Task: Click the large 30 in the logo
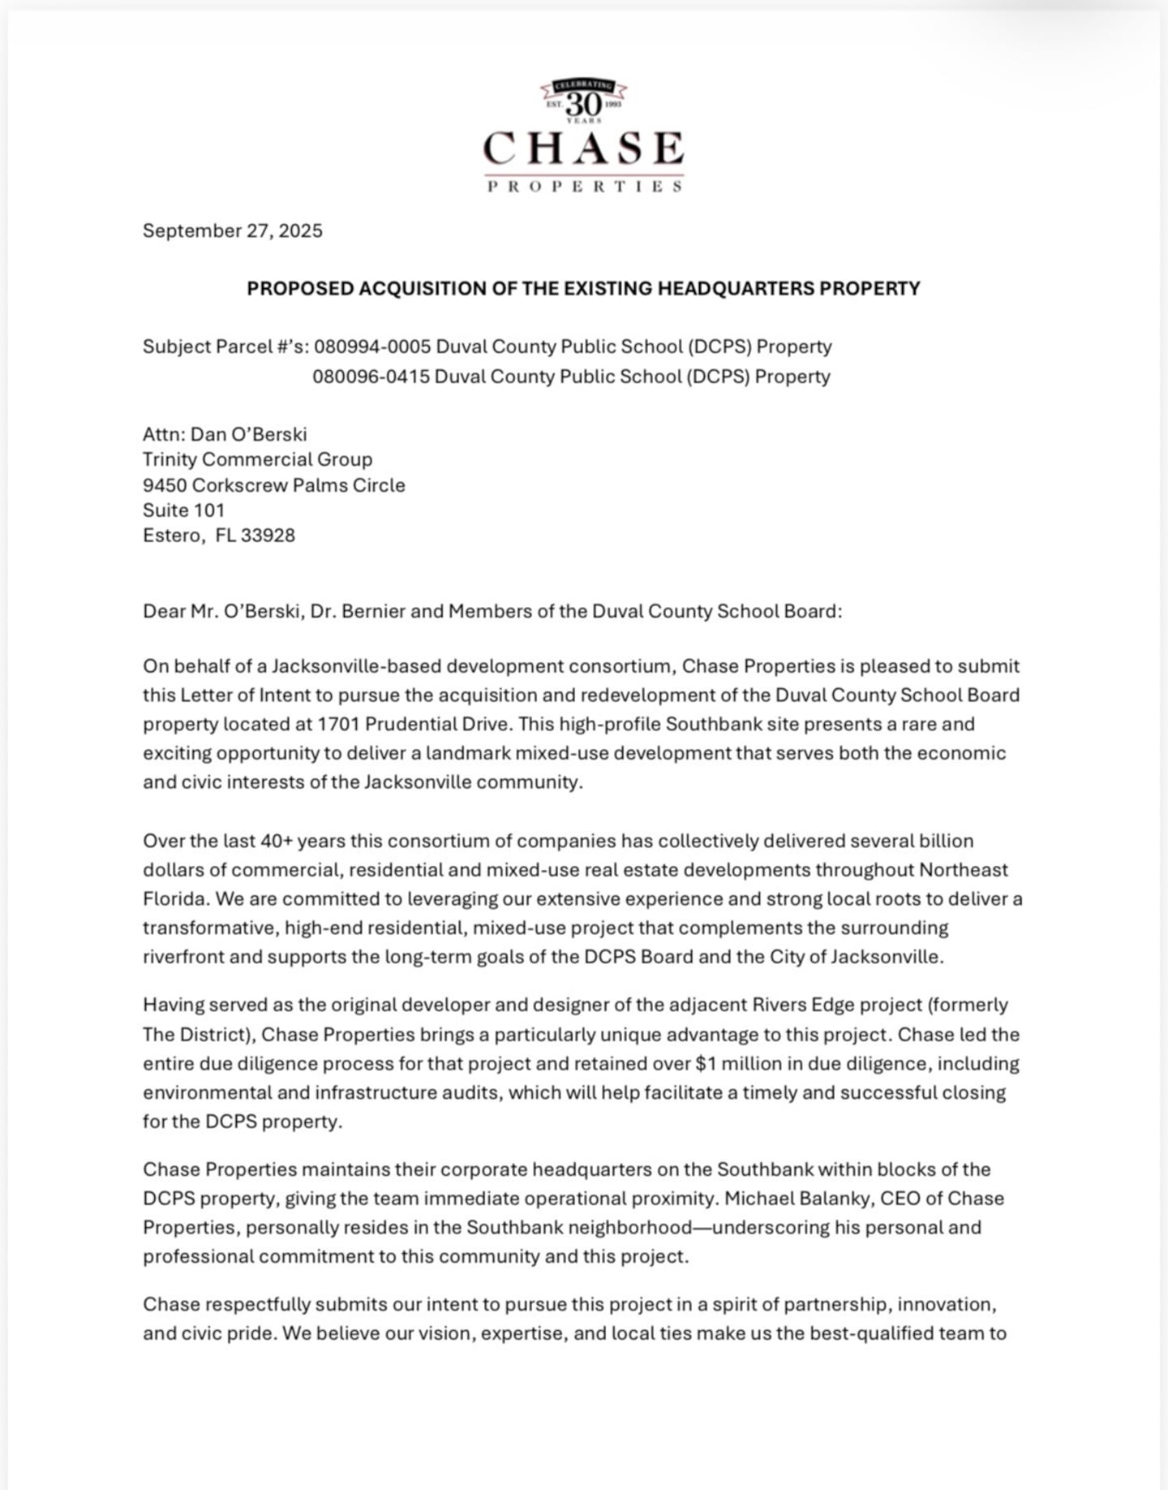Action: coord(583,104)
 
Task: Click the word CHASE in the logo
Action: coord(583,149)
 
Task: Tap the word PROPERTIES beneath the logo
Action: coord(584,187)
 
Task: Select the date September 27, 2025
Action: coord(233,231)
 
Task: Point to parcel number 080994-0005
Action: coord(372,347)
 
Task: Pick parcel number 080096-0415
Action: coord(371,377)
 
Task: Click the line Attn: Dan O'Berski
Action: coord(225,434)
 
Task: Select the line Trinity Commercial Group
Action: coord(257,459)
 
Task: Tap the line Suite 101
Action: coord(183,510)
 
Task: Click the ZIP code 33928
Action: coord(268,536)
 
